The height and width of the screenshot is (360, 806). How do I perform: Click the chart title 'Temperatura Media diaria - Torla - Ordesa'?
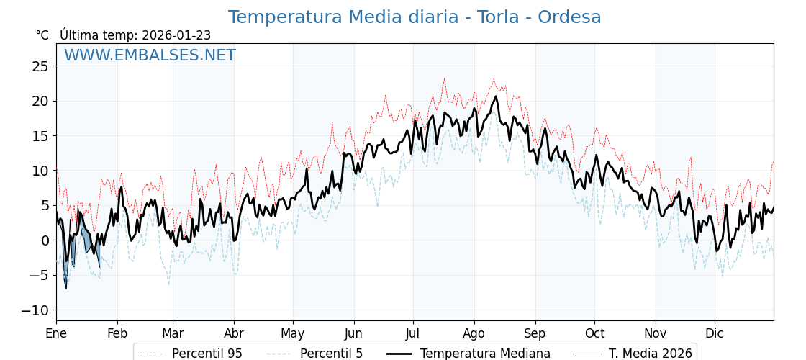415,17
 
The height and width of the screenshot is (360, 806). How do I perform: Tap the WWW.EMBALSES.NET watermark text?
150,55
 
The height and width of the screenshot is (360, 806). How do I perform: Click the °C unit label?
42,35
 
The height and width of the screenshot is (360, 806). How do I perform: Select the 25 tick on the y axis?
40,66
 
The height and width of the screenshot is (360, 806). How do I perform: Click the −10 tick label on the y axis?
36,310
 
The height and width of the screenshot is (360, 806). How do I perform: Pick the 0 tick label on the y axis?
45,240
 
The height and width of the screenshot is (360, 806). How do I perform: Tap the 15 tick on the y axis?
40,136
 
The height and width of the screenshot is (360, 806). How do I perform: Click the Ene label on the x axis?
56,333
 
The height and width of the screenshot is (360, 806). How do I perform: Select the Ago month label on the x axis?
474,333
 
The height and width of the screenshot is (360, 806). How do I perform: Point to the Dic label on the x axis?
715,333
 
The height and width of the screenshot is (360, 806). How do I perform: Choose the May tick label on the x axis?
293,333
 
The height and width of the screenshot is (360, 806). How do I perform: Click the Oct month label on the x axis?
594,333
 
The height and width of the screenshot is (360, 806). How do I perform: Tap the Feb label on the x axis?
117,333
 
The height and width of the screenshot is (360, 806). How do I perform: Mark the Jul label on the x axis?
413,333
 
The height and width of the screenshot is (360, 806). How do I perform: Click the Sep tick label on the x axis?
535,333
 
